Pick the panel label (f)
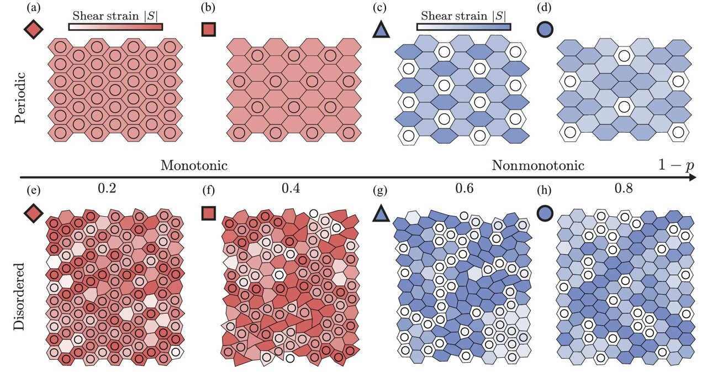point(208,192)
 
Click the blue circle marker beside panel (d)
point(545,29)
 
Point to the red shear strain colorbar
point(115,27)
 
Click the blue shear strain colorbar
point(463,27)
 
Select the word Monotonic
point(195,165)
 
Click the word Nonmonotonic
point(537,165)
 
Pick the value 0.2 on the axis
point(106,189)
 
